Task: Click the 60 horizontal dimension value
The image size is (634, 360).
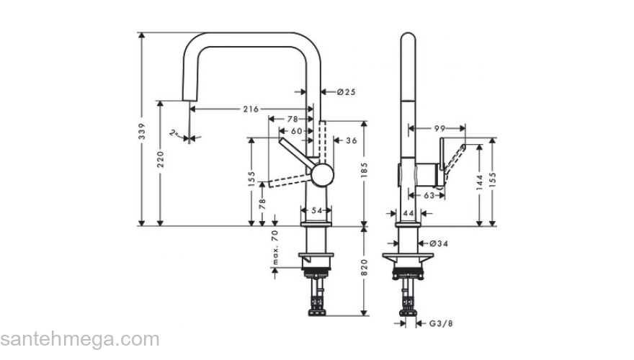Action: (296, 130)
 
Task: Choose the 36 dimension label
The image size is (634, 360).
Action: (352, 140)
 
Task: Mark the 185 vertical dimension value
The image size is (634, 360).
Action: (365, 170)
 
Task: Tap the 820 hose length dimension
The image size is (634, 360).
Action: (365, 268)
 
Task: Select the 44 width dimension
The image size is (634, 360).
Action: (408, 213)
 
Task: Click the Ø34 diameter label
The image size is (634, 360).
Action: (440, 243)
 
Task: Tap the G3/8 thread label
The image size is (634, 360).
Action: (442, 323)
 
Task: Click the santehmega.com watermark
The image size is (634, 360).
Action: (79, 338)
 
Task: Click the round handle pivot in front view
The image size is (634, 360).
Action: (322, 174)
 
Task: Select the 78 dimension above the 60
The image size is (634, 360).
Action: (292, 119)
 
